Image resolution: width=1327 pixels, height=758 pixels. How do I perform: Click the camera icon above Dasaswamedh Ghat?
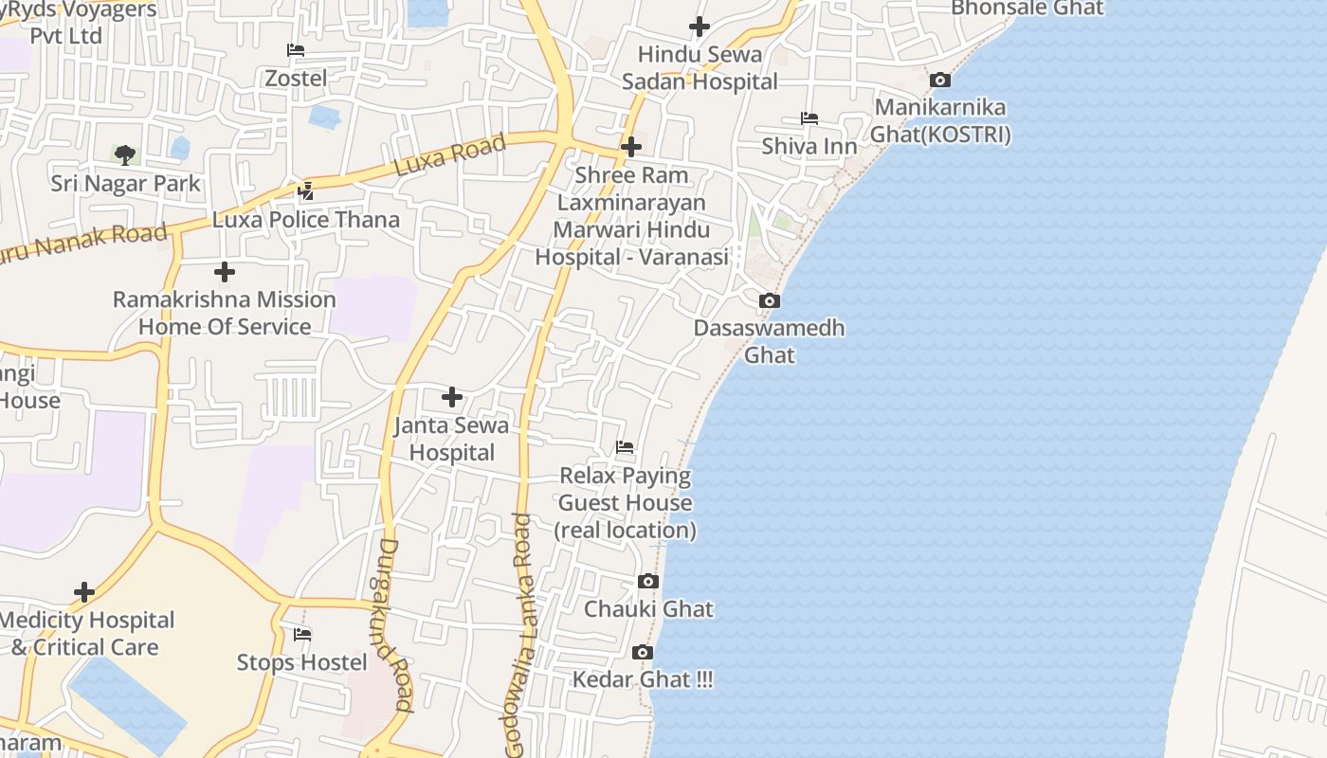tap(770, 301)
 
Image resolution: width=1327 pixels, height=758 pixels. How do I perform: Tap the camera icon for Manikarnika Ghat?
tap(940, 81)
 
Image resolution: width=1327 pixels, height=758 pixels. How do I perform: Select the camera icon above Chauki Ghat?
tap(648, 582)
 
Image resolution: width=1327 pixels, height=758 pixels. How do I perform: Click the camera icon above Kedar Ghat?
tap(643, 653)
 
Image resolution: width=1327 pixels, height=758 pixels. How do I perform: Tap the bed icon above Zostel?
tap(296, 50)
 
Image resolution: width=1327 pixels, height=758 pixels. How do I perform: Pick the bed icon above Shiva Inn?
tap(809, 118)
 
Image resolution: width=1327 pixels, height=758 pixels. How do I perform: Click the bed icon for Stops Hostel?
tap(302, 635)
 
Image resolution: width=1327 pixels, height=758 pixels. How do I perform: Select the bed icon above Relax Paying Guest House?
tap(625, 447)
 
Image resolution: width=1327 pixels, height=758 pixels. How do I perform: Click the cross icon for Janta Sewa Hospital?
tap(452, 397)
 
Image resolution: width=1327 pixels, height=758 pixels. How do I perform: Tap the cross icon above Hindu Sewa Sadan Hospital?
tap(700, 27)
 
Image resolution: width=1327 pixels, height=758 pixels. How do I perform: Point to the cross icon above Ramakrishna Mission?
tap(225, 273)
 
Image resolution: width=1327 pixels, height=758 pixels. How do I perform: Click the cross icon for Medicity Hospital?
tap(84, 592)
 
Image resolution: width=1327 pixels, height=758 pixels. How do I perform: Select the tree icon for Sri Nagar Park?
tap(125, 154)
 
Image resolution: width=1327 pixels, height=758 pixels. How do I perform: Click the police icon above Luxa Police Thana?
tap(305, 191)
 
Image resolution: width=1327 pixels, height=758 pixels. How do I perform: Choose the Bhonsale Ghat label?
tap(1027, 9)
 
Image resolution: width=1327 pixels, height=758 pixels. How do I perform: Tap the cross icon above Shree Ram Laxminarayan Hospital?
tap(631, 147)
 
